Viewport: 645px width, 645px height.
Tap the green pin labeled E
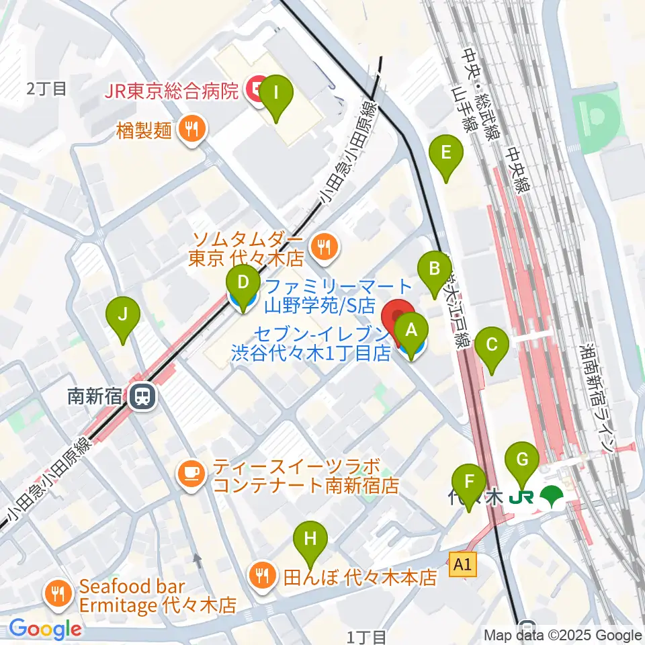coord(445,155)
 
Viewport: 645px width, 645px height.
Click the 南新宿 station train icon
coord(143,396)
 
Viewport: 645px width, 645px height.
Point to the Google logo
coord(44,630)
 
